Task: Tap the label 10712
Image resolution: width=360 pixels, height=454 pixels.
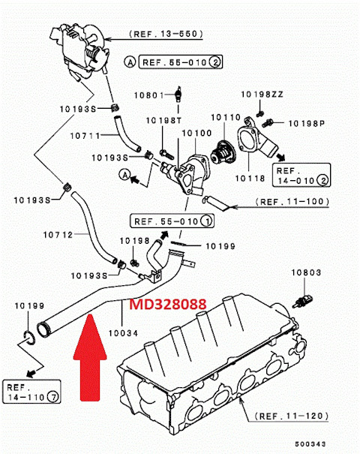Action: [58, 235]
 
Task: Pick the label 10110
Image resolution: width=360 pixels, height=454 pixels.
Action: [227, 117]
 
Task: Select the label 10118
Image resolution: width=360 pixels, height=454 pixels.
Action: [251, 179]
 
